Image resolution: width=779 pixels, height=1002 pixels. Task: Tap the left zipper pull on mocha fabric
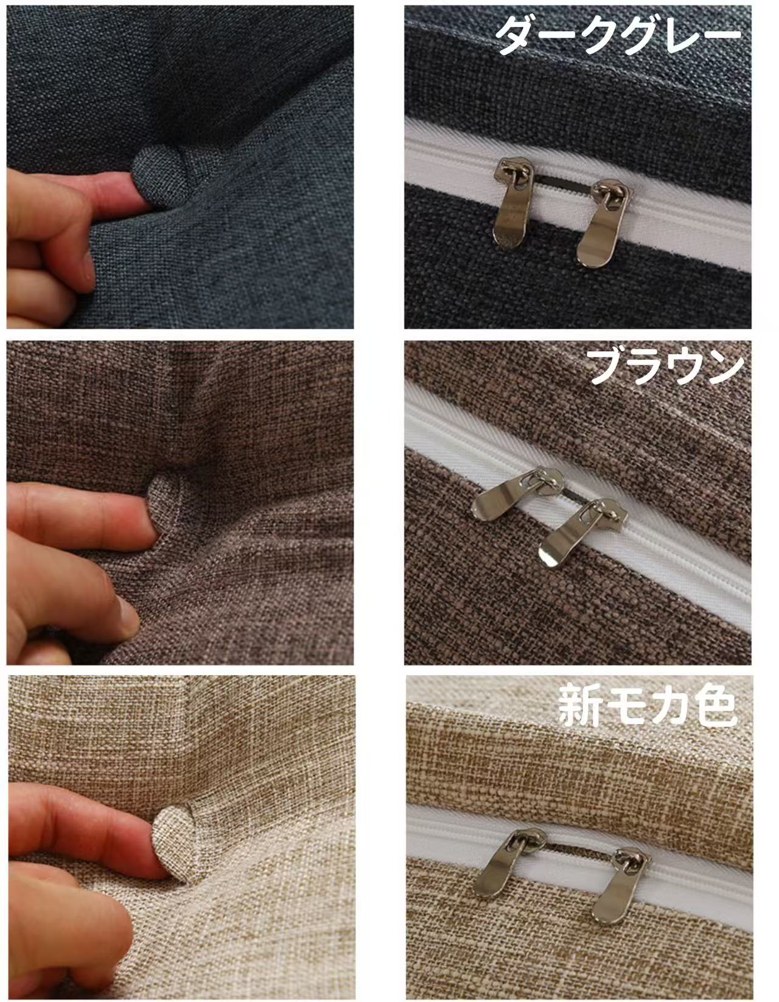tap(509, 861)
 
